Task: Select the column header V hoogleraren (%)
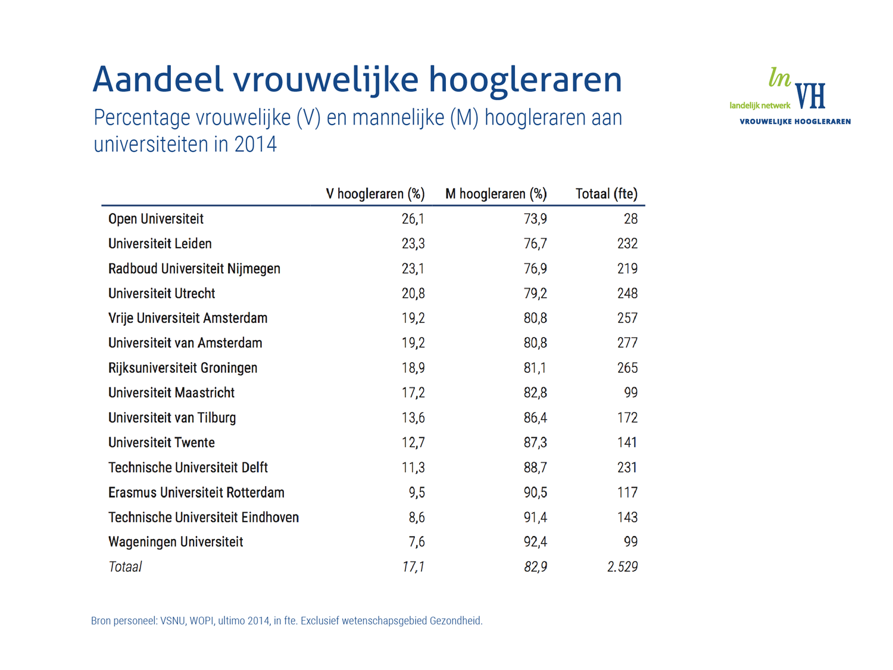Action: tap(375, 194)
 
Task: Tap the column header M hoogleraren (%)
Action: tap(496, 194)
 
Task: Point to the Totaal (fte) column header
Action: tap(606, 194)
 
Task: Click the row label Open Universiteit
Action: tap(156, 219)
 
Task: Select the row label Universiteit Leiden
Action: tap(160, 244)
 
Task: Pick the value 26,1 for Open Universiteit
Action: tap(413, 219)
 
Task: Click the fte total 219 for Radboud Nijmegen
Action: tap(627, 269)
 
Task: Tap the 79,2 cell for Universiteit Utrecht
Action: tap(535, 294)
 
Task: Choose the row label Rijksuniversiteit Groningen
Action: tap(183, 368)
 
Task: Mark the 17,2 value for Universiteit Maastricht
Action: tap(413, 393)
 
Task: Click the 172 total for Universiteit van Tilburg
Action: tap(627, 418)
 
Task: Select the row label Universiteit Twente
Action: tap(161, 443)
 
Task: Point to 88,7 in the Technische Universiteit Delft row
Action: tap(535, 468)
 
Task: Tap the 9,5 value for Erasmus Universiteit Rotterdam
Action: tap(417, 493)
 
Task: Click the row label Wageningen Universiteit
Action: tap(176, 542)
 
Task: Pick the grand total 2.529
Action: tap(622, 567)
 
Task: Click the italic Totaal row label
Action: tap(125, 567)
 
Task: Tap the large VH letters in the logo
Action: tap(810, 96)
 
